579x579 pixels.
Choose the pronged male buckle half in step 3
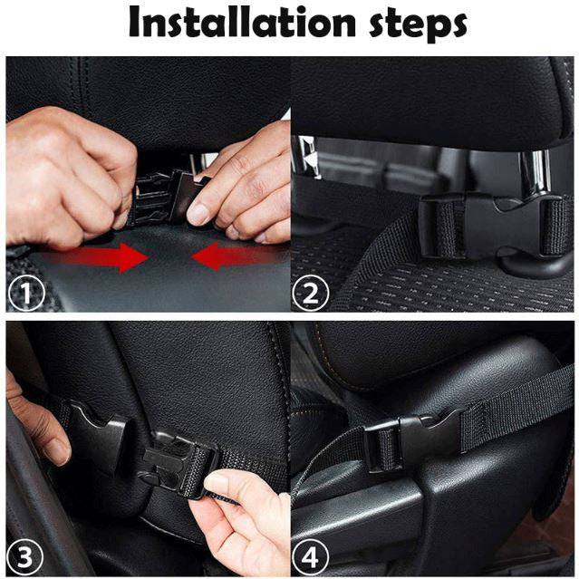(x=178, y=458)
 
